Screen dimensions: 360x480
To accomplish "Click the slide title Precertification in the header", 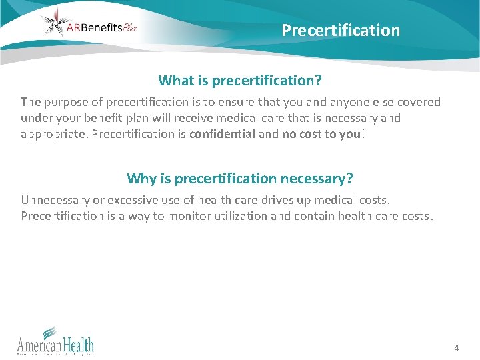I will pyautogui.click(x=341, y=31).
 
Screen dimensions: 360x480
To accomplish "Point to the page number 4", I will pyautogui.click(x=456, y=348).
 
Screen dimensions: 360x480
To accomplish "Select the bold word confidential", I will pyautogui.click(x=222, y=133).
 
